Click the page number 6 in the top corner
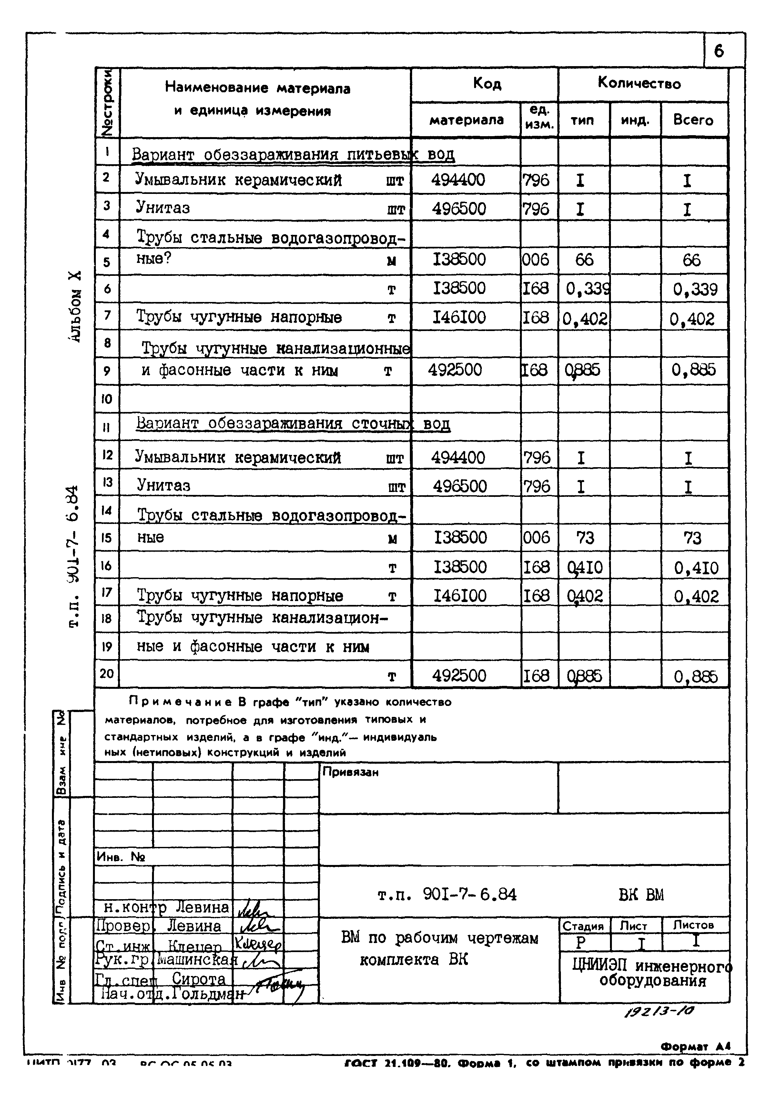pos(719,51)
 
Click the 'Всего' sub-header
pos(693,120)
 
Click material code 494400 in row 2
pos(458,180)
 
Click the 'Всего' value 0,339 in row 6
pos(695,289)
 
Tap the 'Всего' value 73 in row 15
pos(692,538)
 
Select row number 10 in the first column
pos(107,399)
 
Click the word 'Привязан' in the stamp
pos(350,772)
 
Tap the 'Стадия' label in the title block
pos(583,926)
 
